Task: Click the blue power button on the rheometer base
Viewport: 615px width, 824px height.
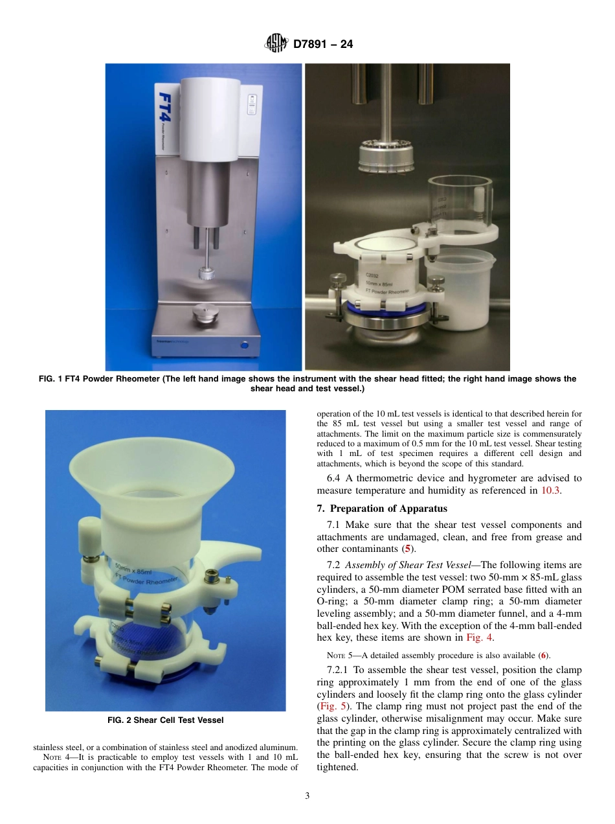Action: click(245, 345)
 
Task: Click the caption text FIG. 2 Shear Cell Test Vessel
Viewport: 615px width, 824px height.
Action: click(165, 720)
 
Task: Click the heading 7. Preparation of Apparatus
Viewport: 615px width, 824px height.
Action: click(382, 508)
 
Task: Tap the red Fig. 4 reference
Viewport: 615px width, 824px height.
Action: click(480, 637)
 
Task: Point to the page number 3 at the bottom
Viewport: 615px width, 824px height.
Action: click(307, 796)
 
